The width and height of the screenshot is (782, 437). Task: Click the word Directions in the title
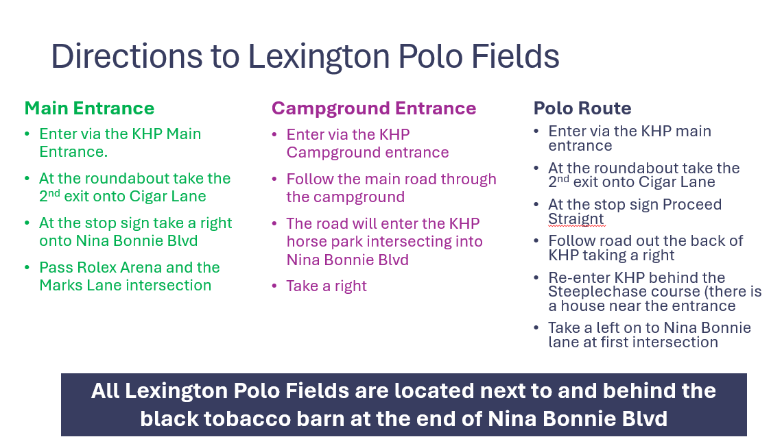(127, 55)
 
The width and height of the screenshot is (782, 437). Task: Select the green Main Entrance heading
(89, 108)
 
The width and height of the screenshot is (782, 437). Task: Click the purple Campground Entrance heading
(374, 108)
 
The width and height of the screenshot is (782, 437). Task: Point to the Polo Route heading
(582, 108)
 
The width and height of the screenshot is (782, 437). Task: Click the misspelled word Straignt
(576, 219)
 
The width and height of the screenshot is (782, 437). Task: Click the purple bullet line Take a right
(326, 286)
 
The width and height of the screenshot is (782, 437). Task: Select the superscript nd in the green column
(54, 192)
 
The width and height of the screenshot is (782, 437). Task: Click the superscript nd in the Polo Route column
(563, 178)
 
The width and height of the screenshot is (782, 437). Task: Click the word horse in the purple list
(305, 241)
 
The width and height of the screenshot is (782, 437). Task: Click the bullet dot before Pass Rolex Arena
(27, 268)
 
